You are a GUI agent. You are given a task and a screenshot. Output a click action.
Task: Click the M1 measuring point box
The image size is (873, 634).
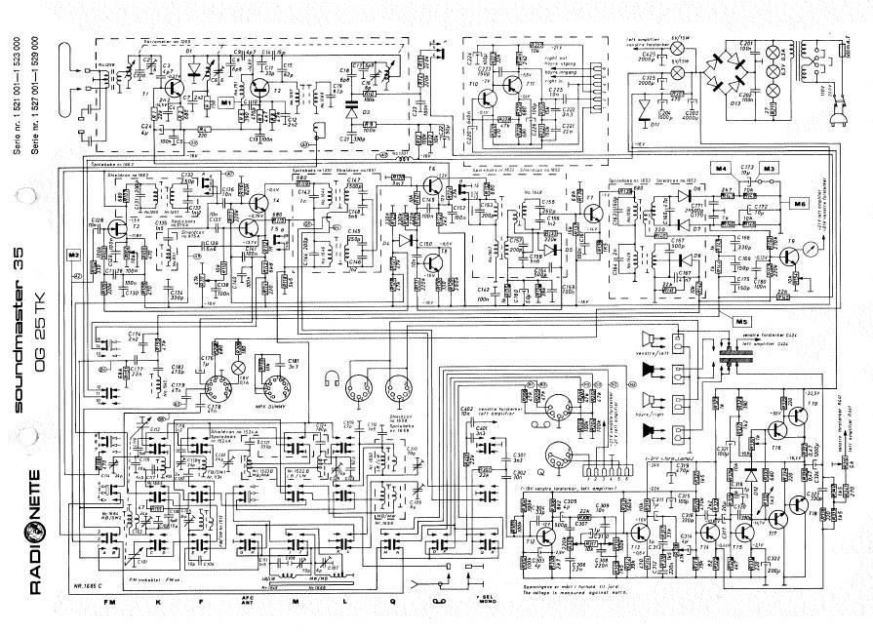[x=226, y=101]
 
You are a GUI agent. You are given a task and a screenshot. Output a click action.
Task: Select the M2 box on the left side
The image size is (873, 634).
[x=73, y=255]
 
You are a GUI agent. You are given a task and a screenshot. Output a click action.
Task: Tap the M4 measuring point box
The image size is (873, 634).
[x=722, y=170]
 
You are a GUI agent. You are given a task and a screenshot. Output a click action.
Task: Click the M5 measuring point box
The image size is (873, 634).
[x=742, y=321]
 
